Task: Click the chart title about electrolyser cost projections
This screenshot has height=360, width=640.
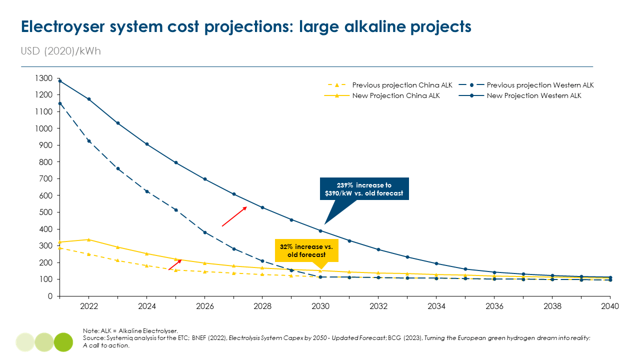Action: pyautogui.click(x=246, y=26)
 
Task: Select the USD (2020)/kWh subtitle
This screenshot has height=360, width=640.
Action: pyautogui.click(x=60, y=51)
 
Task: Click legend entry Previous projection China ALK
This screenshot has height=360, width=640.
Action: pyautogui.click(x=402, y=85)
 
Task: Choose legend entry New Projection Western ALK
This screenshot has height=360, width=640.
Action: pyautogui.click(x=534, y=96)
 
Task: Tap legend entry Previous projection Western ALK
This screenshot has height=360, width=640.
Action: pyautogui.click(x=540, y=85)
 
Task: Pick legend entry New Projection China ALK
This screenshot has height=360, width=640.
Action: pyautogui.click(x=396, y=96)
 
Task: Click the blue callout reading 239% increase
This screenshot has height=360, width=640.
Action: pyautogui.click(x=364, y=189)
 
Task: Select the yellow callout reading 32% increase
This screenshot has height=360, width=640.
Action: pyautogui.click(x=306, y=250)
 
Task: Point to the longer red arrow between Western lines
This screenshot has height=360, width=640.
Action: pyautogui.click(x=234, y=216)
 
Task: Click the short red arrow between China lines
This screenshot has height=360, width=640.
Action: pyautogui.click(x=174, y=265)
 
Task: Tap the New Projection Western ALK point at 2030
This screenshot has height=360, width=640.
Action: pyautogui.click(x=320, y=231)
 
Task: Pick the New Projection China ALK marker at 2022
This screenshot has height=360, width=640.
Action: pyautogui.click(x=88, y=240)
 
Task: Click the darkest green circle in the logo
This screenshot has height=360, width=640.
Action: pyautogui.click(x=63, y=342)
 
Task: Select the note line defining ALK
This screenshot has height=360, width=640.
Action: pyautogui.click(x=130, y=331)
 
